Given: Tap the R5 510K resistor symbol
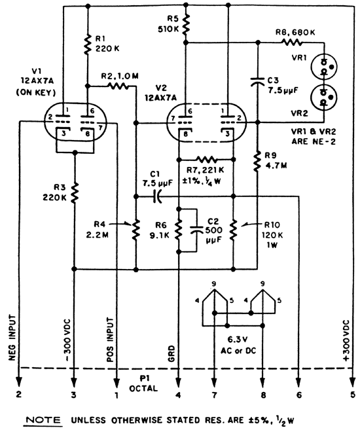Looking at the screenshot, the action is pyautogui.click(x=186, y=24).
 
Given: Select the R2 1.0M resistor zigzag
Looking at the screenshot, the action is pyautogui.click(x=118, y=86).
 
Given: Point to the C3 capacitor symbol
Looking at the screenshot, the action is pyautogui.click(x=257, y=81).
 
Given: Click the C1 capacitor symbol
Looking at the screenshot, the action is pyautogui.click(x=157, y=196).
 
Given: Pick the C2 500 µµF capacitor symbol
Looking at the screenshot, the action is pyautogui.click(x=196, y=230).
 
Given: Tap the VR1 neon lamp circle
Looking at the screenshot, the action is pyautogui.click(x=324, y=67).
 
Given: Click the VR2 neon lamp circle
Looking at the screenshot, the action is pyautogui.click(x=324, y=98).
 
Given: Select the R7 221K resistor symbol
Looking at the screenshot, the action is pyautogui.click(x=207, y=160).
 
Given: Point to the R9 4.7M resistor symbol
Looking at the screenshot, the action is pyautogui.click(x=257, y=162).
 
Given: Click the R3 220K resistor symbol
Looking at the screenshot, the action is pyautogui.click(x=74, y=193).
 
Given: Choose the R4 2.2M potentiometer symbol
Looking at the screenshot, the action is pyautogui.click(x=135, y=230).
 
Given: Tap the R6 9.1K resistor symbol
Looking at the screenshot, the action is pyautogui.click(x=179, y=230).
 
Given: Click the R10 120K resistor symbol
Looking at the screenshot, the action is pyautogui.click(x=233, y=230).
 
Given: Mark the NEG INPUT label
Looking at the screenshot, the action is pyautogui.click(x=12, y=338).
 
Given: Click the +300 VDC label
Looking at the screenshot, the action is pyautogui.click(x=346, y=341).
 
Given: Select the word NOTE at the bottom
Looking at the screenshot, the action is pyautogui.click(x=44, y=419).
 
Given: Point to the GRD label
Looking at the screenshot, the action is pyautogui.click(x=171, y=353).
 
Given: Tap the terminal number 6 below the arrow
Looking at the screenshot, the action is pyautogui.click(x=299, y=395).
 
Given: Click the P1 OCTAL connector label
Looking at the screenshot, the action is pyautogui.click(x=143, y=383).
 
